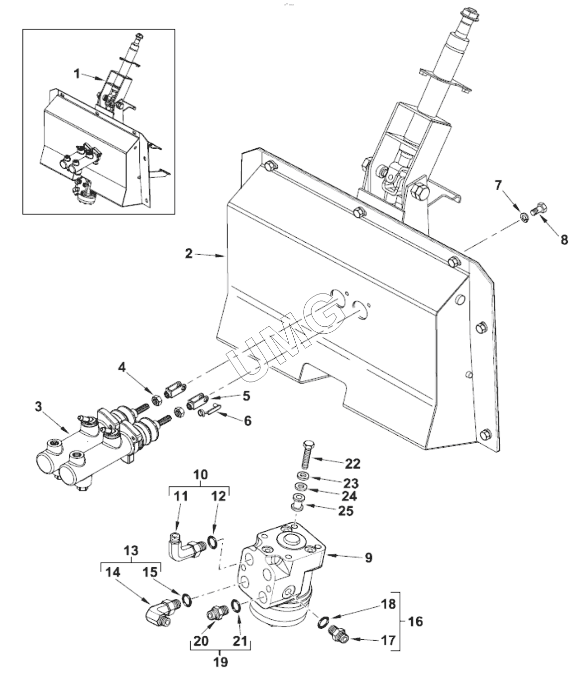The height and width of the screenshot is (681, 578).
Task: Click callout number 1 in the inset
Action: [77, 74]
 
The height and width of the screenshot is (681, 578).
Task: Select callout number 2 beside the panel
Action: [189, 253]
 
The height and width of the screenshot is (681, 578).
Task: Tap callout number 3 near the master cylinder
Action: [39, 407]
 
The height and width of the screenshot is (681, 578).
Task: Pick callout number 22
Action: [352, 464]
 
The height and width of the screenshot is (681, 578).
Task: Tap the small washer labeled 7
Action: [524, 217]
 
